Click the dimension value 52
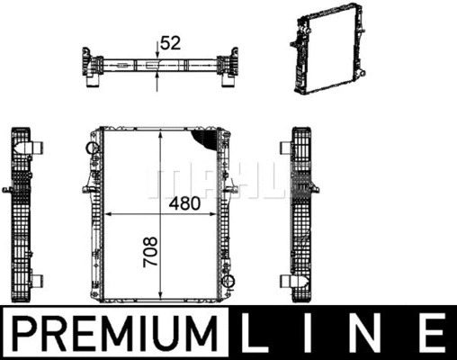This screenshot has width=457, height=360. [171, 43]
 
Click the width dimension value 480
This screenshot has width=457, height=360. [184, 203]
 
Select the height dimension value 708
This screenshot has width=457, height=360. [150, 251]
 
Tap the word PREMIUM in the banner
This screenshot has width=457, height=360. [114, 333]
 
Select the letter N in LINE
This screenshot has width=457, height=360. [365, 333]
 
